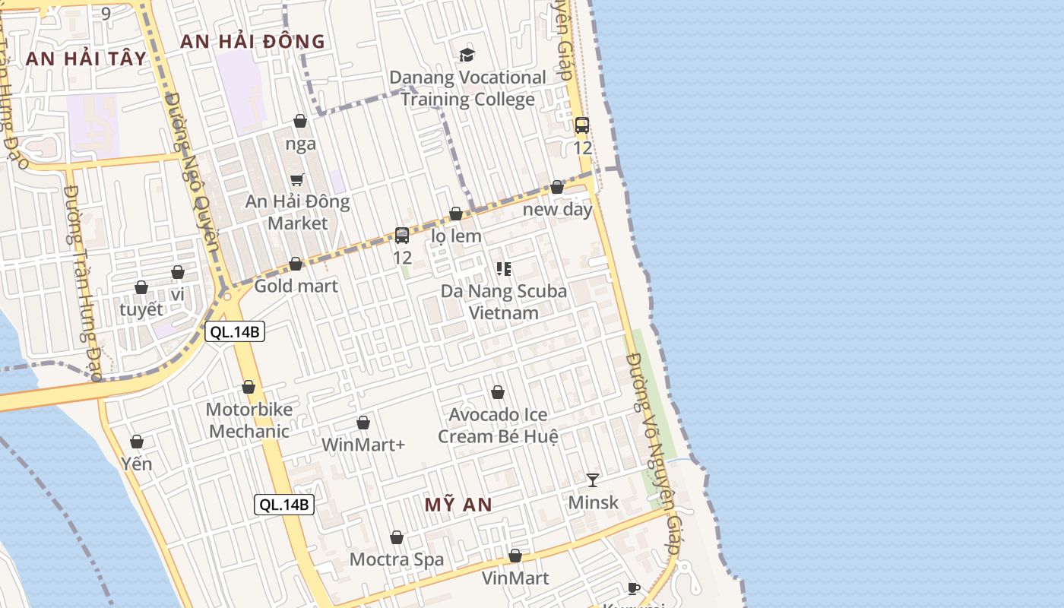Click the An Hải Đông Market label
297,212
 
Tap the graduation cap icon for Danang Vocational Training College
467,55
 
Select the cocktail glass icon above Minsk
593,480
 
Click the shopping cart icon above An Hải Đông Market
297,179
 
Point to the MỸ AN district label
458,505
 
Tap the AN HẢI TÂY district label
86,59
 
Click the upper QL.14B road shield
235,331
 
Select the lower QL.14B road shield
284,504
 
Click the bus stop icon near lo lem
402,236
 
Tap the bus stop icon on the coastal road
582,125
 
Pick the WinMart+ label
363,445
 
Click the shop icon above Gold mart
296,264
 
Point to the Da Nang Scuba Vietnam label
503,302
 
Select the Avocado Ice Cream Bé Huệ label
498,426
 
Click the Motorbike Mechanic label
249,420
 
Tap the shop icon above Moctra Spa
397,537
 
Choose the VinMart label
515,578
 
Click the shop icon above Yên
137,442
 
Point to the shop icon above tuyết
141,287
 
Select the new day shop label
557,209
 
